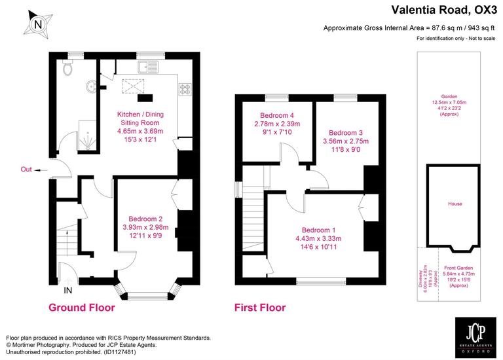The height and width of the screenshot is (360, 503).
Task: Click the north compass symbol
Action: pos(37,25)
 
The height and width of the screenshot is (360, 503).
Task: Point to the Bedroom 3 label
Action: pos(345,132)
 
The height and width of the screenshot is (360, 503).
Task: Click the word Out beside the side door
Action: pos(26,170)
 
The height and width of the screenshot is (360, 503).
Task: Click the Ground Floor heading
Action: pos(82,308)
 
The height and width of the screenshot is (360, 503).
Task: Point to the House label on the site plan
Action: pos(455,204)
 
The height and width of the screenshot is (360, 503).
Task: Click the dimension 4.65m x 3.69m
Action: pos(138,132)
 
